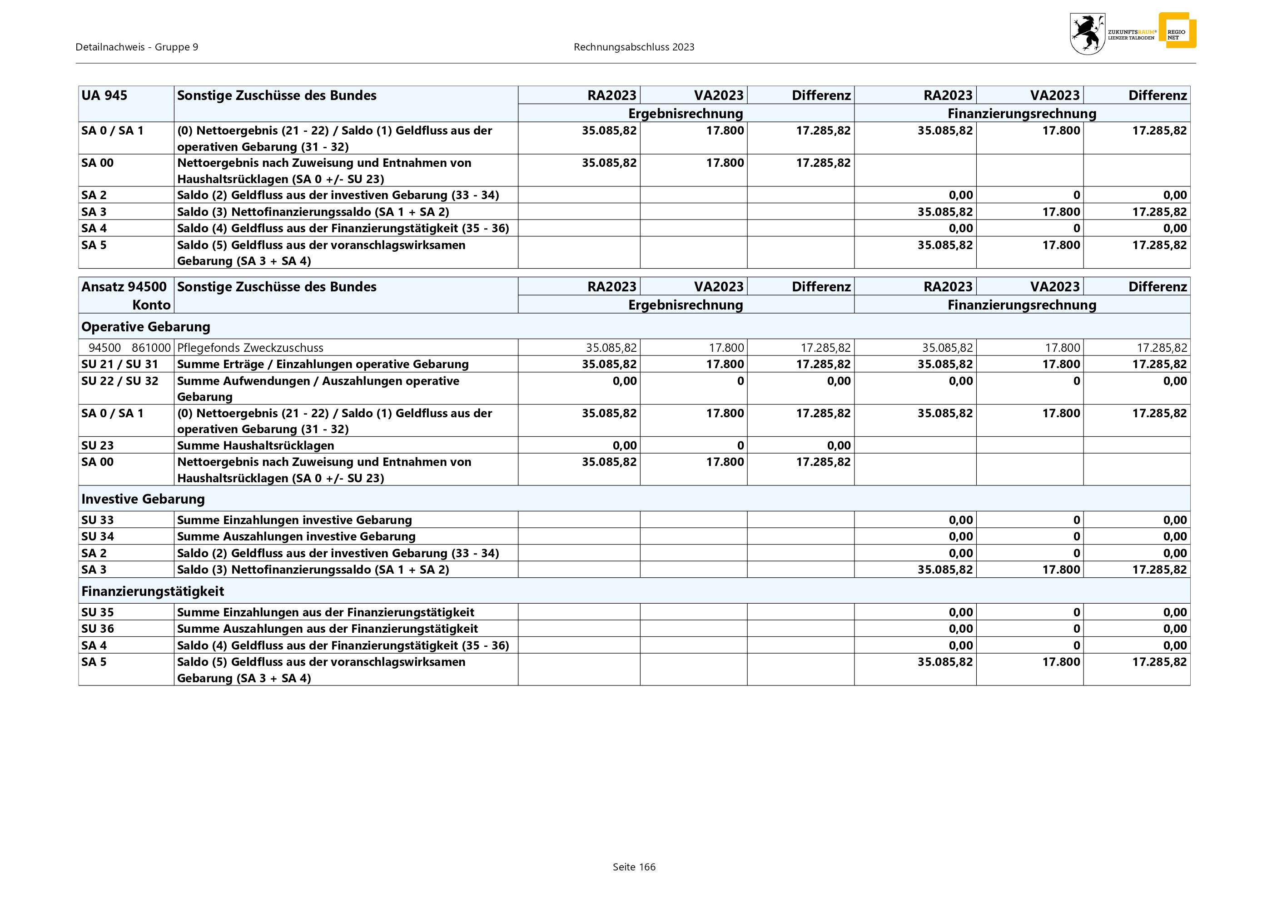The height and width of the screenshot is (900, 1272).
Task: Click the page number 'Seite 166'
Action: (634, 867)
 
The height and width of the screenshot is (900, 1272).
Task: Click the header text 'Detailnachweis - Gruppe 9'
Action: (137, 47)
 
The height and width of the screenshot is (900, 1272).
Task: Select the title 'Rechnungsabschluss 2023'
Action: (634, 47)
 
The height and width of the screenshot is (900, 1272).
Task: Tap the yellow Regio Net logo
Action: (1177, 31)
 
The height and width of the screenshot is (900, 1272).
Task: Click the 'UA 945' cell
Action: (104, 95)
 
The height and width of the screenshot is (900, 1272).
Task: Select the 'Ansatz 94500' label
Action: (124, 286)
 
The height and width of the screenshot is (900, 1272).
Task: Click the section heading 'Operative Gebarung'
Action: (146, 326)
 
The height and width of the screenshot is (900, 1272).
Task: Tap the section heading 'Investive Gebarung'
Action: (143, 499)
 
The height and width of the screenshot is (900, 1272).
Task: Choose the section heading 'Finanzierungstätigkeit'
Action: (153, 591)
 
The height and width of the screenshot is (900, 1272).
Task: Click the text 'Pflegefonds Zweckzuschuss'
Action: (250, 347)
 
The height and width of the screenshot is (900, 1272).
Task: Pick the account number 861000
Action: (151, 347)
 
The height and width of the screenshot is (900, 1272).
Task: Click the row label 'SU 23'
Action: (98, 445)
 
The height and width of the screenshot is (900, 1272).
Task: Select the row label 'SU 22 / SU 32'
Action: (119, 381)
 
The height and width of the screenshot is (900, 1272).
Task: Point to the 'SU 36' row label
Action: (98, 629)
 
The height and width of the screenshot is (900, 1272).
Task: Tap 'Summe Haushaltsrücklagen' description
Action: (255, 445)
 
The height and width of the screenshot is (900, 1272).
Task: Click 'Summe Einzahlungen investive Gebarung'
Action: (294, 520)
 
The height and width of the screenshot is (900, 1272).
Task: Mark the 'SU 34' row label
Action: (98, 536)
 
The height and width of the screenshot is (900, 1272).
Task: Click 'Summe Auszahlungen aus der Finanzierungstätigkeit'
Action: (328, 629)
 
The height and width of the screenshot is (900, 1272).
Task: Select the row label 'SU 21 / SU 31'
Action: (119, 364)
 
